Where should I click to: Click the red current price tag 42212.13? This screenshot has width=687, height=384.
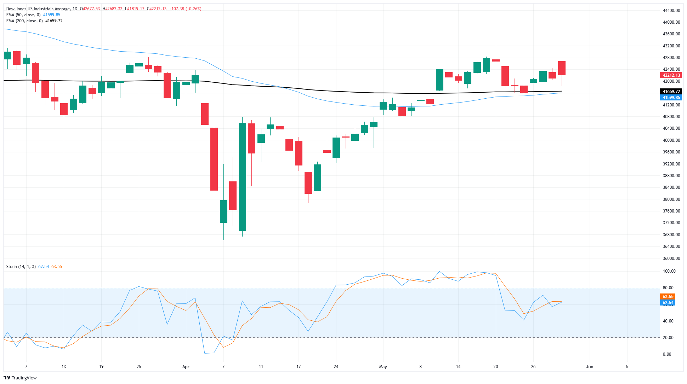tap(671, 75)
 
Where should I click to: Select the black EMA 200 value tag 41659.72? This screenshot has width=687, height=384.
tap(671, 92)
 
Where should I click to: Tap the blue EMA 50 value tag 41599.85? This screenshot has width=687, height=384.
tap(671, 98)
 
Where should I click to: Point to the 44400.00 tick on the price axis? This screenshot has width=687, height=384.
tap(671, 11)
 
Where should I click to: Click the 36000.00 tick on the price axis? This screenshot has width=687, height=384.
tap(671, 258)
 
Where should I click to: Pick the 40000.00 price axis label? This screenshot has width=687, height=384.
tap(671, 140)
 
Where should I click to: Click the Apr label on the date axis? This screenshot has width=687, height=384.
tap(186, 367)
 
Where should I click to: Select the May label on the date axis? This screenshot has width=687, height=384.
tap(383, 367)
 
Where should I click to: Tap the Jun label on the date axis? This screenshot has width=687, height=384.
tap(589, 367)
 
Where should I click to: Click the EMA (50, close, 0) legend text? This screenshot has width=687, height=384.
tap(23, 15)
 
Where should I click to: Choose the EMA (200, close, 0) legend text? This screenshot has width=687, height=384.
tap(24, 21)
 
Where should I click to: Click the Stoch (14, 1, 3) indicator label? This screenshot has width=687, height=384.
tap(21, 267)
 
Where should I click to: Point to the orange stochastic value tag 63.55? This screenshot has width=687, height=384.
tap(668, 297)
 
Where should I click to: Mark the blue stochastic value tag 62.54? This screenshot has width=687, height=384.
tap(668, 303)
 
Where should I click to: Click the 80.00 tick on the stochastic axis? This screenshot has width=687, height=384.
tap(669, 288)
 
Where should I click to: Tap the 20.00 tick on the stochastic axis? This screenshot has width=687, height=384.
tap(669, 338)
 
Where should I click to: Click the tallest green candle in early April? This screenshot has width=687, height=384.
tap(242, 177)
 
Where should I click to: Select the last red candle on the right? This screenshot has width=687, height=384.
tap(562, 68)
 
